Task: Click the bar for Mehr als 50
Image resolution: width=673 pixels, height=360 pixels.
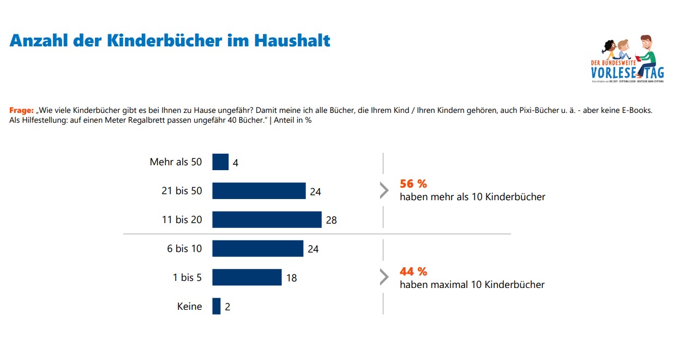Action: click(x=220, y=162)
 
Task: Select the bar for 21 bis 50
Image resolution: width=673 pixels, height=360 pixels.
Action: click(x=259, y=191)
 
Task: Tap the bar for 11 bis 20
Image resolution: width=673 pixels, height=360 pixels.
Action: click(x=267, y=219)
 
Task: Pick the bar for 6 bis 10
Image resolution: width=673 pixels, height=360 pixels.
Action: click(x=257, y=248)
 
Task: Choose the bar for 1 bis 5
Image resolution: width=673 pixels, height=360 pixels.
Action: click(x=247, y=277)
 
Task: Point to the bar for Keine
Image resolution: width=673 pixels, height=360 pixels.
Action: click(x=217, y=306)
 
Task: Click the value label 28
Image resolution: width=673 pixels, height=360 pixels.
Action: click(x=331, y=220)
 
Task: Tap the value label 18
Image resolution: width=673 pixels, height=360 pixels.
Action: click(x=291, y=278)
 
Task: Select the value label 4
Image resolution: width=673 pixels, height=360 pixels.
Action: click(x=235, y=163)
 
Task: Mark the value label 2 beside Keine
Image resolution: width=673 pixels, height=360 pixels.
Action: click(x=227, y=307)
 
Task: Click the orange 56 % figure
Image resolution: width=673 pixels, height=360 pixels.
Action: click(x=413, y=184)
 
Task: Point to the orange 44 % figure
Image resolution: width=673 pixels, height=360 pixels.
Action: click(x=413, y=271)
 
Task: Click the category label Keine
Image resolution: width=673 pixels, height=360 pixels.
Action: click(x=189, y=307)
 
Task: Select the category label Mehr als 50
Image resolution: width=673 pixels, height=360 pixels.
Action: click(x=176, y=162)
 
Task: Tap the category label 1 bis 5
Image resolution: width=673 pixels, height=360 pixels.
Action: click(x=187, y=278)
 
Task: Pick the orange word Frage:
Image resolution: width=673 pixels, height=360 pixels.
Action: click(x=22, y=110)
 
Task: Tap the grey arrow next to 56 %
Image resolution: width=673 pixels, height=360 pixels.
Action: click(x=384, y=190)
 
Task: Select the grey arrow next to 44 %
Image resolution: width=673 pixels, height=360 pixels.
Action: click(x=384, y=277)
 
